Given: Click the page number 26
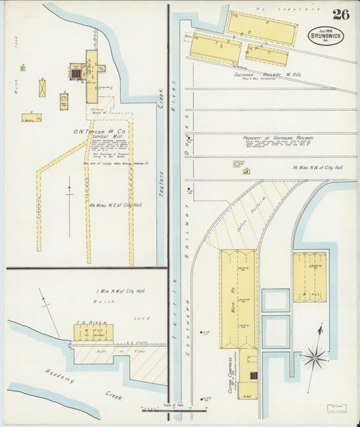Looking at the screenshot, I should pos(340,14).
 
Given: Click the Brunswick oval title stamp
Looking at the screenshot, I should pos(326,35).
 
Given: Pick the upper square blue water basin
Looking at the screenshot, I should pos(276,300).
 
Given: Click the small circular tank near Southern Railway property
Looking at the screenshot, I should pos(237,163).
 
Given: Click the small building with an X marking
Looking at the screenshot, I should pos(43,88).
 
